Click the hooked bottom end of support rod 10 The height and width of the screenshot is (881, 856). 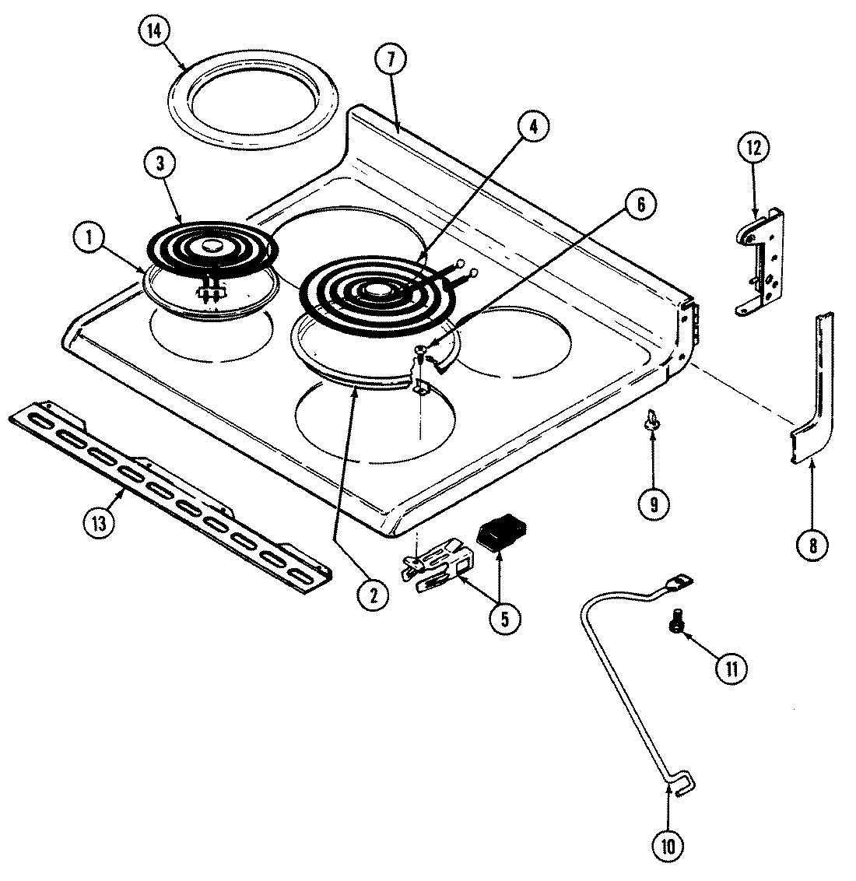coord(684,784)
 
